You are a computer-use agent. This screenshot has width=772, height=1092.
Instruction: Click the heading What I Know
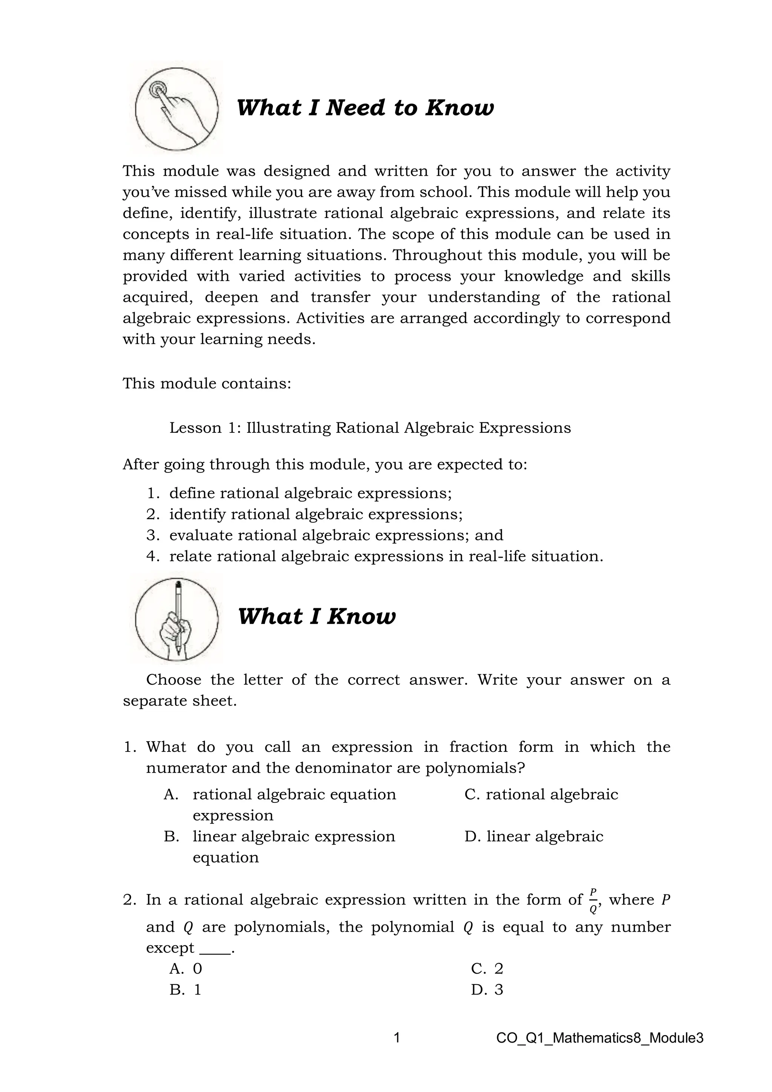316,617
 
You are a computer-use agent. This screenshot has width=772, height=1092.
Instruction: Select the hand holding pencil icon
177,619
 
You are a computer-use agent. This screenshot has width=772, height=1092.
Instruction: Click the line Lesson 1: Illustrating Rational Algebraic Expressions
370,428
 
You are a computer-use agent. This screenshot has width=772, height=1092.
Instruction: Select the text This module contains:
207,383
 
